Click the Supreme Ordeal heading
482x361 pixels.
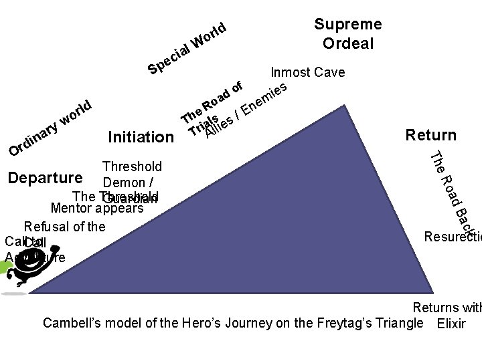click(347, 34)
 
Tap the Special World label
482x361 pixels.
click(189, 49)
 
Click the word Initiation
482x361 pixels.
click(141, 138)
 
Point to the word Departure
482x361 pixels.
click(45, 178)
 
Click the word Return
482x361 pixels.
click(430, 135)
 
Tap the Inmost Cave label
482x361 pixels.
click(307, 72)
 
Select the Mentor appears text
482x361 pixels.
click(102, 208)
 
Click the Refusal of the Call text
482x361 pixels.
click(64, 227)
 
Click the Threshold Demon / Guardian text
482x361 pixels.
click(132, 181)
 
